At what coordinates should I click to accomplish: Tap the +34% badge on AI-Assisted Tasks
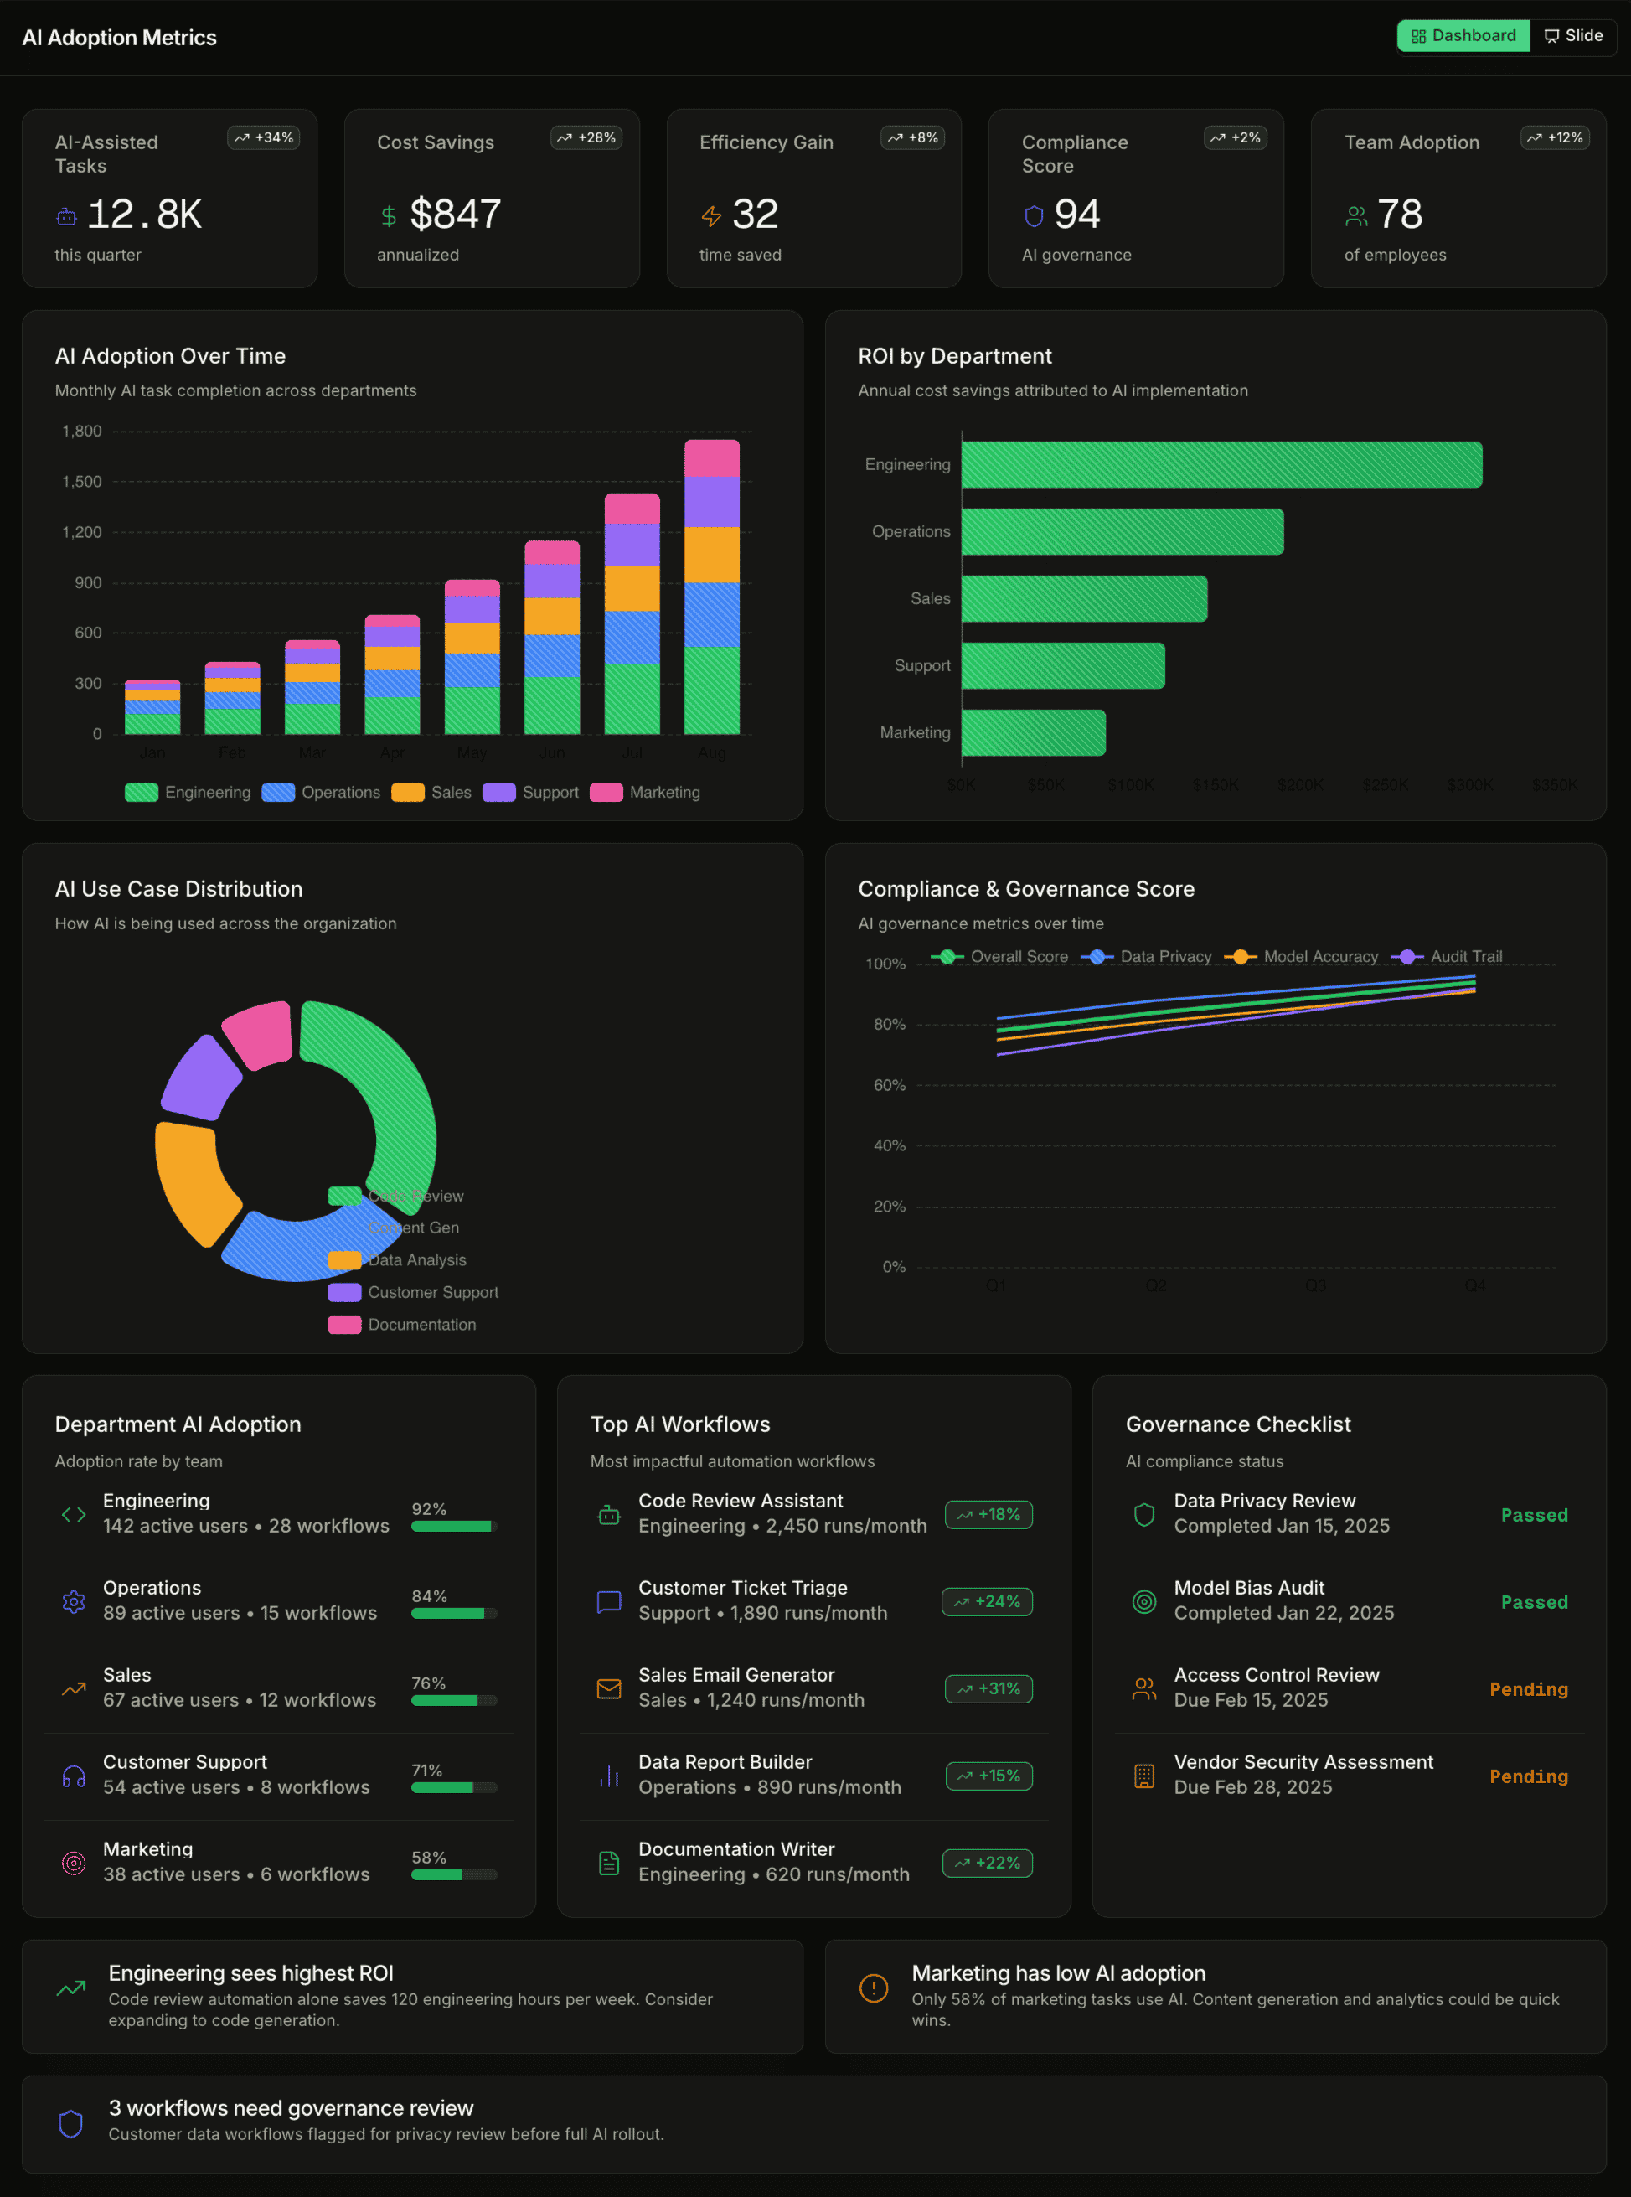[x=264, y=137]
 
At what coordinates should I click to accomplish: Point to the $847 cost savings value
[x=455, y=215]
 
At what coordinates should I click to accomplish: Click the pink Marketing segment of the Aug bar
[x=711, y=459]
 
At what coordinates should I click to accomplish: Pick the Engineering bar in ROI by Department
[x=1221, y=464]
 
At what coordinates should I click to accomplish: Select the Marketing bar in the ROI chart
[x=1033, y=732]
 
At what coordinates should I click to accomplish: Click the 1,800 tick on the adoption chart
[x=82, y=432]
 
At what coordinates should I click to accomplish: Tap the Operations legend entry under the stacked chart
[x=321, y=792]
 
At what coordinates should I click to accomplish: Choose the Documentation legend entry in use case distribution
[x=403, y=1324]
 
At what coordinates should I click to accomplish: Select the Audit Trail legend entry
[x=1448, y=956]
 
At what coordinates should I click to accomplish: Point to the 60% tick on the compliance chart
[x=889, y=1085]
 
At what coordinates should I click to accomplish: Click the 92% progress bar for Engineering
[x=453, y=1526]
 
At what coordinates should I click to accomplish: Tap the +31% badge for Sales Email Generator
[x=988, y=1688]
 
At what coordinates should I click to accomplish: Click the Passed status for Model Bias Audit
[x=1533, y=1601]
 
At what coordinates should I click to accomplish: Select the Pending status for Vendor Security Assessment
[x=1527, y=1776]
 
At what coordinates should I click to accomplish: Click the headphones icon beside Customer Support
[x=74, y=1776]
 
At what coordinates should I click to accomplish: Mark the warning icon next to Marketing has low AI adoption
[x=873, y=1988]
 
